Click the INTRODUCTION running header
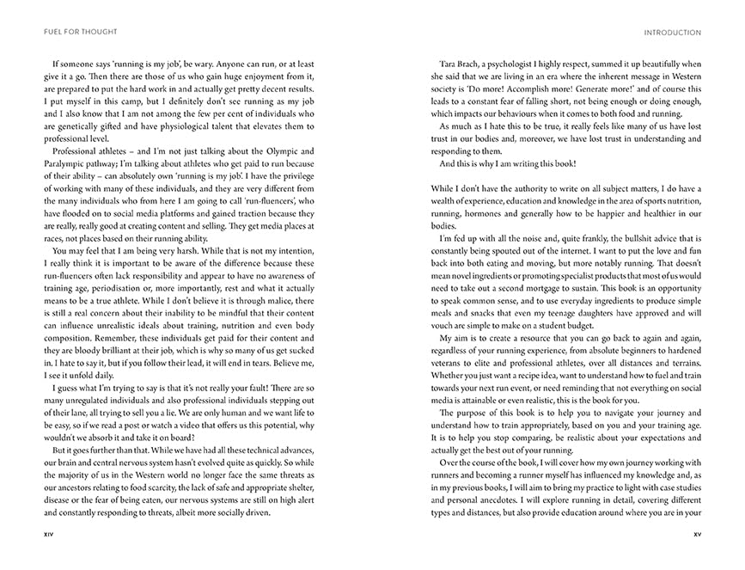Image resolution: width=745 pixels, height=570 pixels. coord(672,33)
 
